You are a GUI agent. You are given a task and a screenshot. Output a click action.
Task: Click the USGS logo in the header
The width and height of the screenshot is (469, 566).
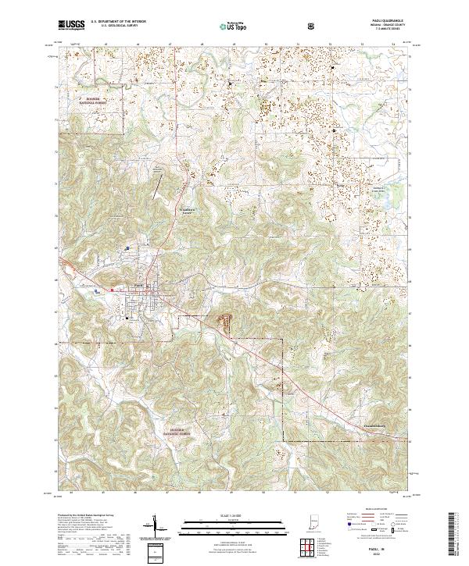pyautogui.click(x=71, y=25)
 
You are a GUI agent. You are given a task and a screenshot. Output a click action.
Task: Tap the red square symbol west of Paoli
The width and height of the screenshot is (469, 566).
pyautogui.click(x=112, y=290)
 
